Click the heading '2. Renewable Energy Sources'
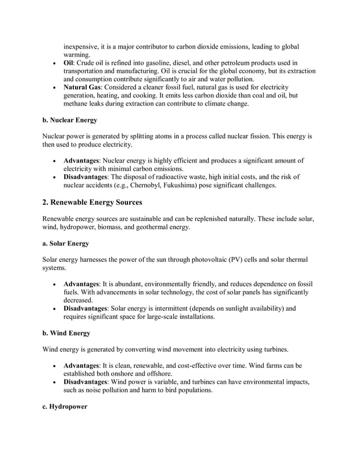coord(93,202)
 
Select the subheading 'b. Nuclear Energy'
coord(69,120)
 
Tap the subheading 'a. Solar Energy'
coord(65,244)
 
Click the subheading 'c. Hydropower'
coord(65,406)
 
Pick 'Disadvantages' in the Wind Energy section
coord(89,382)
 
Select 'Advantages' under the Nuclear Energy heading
coord(82,161)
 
